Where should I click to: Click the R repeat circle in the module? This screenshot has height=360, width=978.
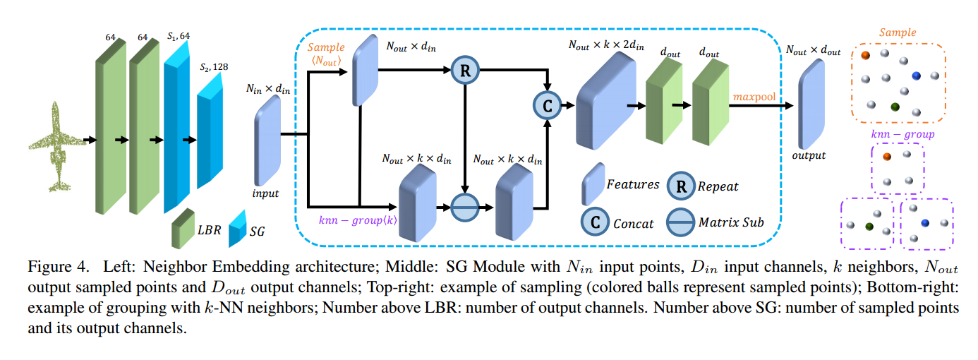tap(465, 71)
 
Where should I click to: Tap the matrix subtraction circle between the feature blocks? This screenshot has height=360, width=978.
tap(465, 208)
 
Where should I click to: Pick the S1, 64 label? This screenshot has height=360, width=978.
tap(179, 35)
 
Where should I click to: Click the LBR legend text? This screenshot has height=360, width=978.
tap(209, 231)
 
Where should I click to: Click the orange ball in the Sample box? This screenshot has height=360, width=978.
tap(865, 54)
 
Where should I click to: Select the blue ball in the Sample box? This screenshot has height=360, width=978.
tap(917, 75)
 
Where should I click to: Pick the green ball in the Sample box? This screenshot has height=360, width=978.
tap(895, 107)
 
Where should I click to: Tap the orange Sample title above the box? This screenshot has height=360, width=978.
tap(898, 32)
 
